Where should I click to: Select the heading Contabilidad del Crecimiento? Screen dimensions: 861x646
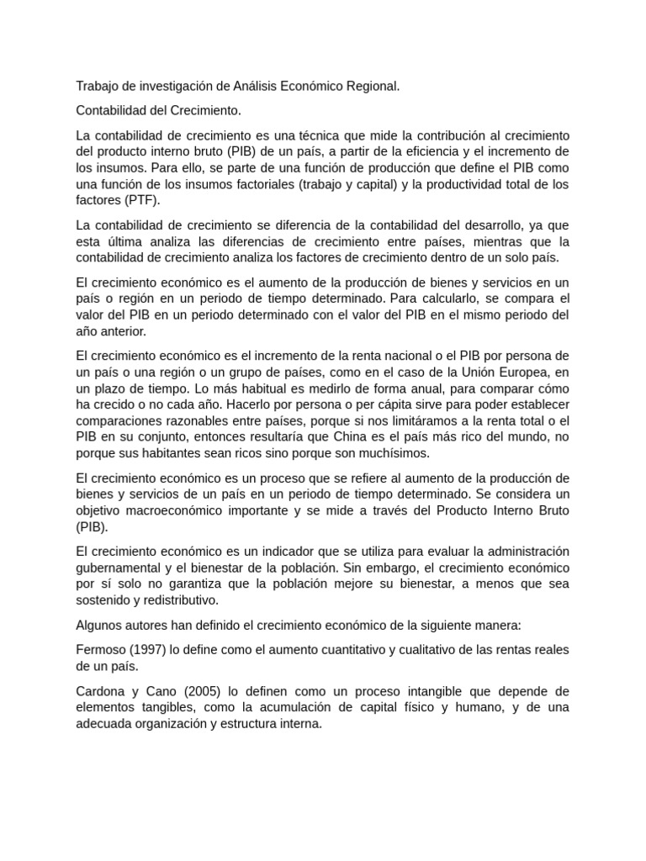[158, 110]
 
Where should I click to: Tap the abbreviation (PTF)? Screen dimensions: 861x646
[139, 200]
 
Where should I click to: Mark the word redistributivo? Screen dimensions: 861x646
[172, 600]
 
